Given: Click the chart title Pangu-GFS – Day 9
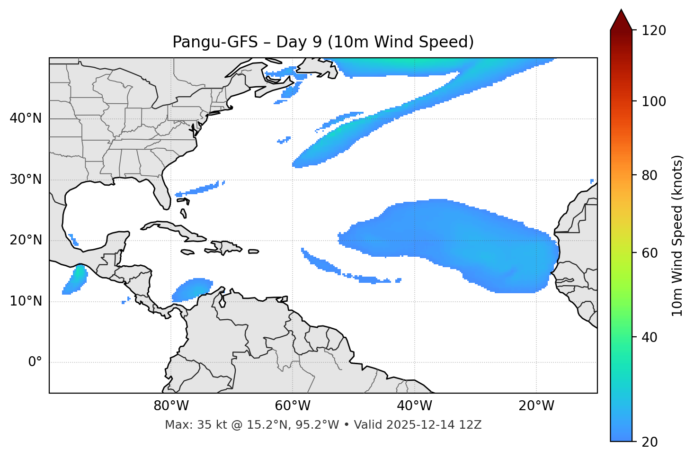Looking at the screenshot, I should tap(323, 42).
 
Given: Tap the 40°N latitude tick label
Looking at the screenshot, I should tap(26, 118).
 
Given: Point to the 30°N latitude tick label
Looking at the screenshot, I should tap(26, 180).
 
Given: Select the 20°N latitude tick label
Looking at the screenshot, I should tap(26, 240).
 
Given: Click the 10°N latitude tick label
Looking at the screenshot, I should tap(26, 301).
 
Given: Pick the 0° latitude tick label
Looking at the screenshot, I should tap(35, 362).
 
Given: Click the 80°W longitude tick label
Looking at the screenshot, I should tap(171, 406).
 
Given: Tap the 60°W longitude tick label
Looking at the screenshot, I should tap(293, 406).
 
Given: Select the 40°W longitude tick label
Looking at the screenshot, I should tap(414, 406).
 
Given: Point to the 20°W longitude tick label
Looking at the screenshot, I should tap(536, 406).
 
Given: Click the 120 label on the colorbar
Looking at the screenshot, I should tap(654, 31).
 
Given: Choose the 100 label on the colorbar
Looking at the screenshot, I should tap(654, 101).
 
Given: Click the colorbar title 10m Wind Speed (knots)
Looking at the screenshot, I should tap(677, 235).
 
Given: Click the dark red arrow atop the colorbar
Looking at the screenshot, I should tap(621, 20).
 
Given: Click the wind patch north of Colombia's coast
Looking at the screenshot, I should tap(192, 289).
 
